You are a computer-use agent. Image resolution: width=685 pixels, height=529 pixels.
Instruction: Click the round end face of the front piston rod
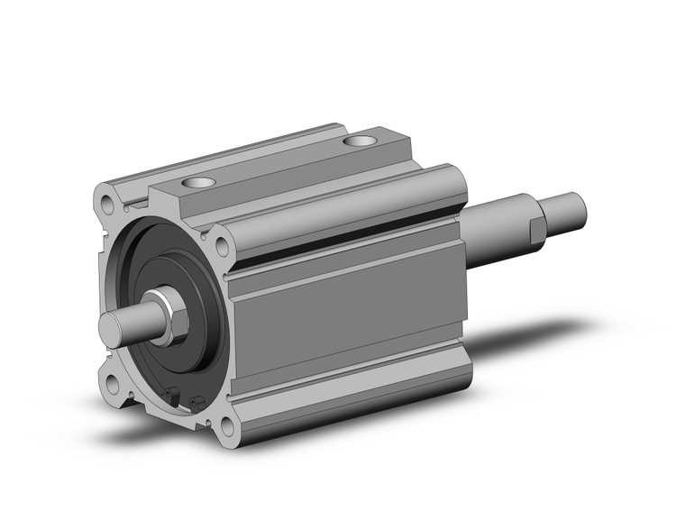tap(113, 324)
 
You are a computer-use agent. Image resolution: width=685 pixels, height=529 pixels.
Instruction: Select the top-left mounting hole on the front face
tap(108, 197)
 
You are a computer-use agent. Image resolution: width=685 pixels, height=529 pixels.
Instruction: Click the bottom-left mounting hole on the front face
tap(111, 385)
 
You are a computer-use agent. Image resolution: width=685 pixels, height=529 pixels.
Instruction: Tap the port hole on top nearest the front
tap(198, 183)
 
